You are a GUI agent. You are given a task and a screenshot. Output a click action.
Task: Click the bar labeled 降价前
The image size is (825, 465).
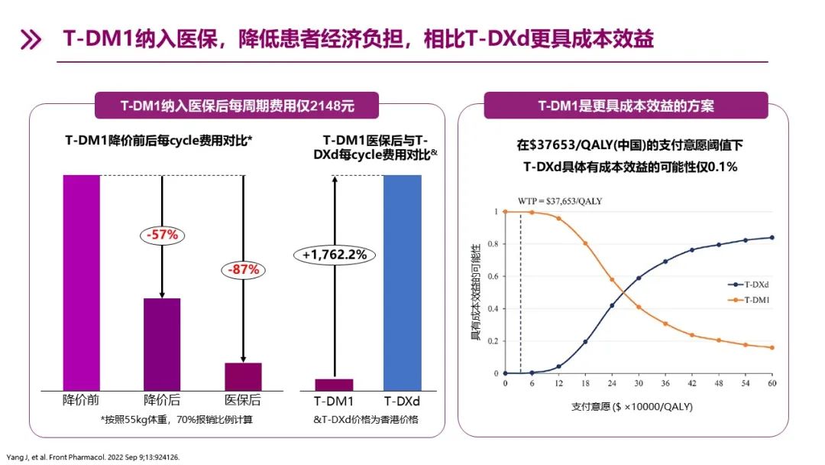tap(81, 282)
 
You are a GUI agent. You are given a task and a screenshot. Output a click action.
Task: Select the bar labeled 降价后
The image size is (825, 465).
tap(162, 343)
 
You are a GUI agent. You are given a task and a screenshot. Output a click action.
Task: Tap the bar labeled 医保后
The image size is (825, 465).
tap(243, 376)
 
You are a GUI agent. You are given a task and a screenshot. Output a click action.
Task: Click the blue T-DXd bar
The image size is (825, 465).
tap(402, 282)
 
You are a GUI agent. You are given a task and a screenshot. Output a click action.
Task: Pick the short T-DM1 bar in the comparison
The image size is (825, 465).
tap(335, 385)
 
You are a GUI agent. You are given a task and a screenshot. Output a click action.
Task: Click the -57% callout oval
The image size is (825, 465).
tap(162, 235)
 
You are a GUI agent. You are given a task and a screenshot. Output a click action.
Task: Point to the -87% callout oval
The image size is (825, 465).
tap(243, 269)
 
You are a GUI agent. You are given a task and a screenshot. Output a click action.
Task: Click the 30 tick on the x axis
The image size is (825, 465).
tap(639, 382)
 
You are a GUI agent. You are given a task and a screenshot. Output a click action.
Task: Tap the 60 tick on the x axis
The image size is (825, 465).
tap(772, 382)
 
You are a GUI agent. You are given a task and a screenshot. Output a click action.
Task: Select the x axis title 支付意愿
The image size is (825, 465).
tap(631, 407)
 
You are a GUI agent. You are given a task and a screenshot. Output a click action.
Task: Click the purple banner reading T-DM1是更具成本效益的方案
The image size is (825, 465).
tap(625, 106)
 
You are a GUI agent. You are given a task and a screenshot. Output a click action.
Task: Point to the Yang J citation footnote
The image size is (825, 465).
tap(94, 457)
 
